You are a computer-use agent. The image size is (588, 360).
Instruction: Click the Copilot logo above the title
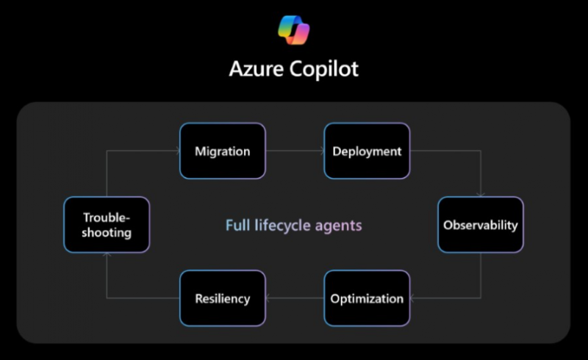[293, 30]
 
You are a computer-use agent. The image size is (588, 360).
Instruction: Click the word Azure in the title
[256, 69]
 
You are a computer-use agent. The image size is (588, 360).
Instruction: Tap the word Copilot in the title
[324, 69]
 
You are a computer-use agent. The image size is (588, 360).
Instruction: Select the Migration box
[223, 151]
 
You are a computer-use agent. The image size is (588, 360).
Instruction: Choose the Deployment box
[367, 151]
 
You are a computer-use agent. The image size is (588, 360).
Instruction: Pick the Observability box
[481, 225]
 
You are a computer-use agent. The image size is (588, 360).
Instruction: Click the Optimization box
[367, 298]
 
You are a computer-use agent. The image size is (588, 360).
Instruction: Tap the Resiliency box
[223, 298]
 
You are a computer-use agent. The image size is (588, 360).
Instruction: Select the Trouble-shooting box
[107, 225]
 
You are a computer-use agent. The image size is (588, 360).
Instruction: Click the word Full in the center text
[237, 225]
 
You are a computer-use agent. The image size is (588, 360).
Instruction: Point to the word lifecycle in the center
[282, 226]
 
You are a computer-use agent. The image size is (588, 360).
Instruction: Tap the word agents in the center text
[338, 226]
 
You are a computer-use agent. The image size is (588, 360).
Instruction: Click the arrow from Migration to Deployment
[295, 151]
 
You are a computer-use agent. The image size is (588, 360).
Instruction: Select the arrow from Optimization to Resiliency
[295, 298]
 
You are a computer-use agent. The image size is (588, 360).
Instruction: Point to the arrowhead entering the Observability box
[481, 194]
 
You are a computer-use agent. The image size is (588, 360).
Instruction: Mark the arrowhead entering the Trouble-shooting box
[107, 255]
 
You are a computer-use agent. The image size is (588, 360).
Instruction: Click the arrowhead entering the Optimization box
[412, 298]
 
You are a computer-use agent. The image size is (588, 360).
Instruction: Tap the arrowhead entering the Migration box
[178, 151]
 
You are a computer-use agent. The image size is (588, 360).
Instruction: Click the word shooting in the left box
[107, 233]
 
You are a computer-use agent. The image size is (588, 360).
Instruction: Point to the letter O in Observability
[448, 225]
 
